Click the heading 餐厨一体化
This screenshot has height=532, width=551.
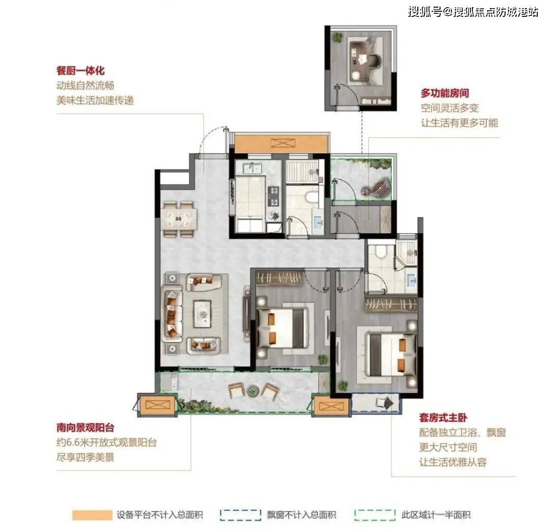click(81, 70)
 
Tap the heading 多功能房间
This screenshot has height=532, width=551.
click(445, 93)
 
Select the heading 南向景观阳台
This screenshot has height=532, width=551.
click(85, 427)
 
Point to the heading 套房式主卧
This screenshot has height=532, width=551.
click(443, 418)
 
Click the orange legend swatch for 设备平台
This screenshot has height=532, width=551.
click(92, 515)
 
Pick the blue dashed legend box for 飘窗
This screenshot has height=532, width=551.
click(240, 515)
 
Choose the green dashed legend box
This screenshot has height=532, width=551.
click(375, 515)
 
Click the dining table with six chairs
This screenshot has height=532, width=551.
click(179, 219)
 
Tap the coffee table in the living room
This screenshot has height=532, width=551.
click(202, 314)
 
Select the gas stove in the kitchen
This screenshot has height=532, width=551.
click(273, 196)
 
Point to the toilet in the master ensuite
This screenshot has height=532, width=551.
click(381, 251)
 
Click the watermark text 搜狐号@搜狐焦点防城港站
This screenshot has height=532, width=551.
click(472, 12)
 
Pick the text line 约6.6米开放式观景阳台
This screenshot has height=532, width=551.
click(107, 442)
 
